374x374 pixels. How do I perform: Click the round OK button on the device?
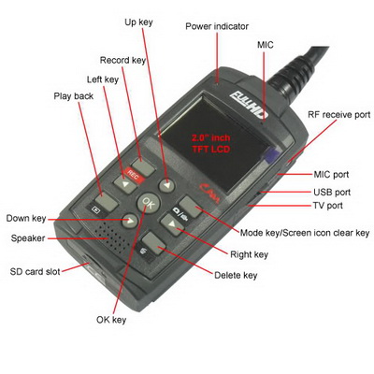pos(149,203)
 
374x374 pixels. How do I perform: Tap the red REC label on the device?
pos(135,175)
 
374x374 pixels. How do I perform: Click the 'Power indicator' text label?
pos(217,26)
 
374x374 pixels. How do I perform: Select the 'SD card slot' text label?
pos(36,271)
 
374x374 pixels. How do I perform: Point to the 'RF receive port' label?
pos(339,115)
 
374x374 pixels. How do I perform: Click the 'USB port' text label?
pos(332,193)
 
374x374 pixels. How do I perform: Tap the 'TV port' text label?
pos(328,206)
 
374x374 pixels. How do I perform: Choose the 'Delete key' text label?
pos(236,276)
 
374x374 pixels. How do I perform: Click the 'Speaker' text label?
pos(28,238)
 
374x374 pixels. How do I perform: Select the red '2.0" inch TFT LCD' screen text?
pos(211,143)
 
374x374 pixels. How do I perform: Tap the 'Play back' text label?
pos(74,96)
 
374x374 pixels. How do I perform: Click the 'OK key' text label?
pos(111,320)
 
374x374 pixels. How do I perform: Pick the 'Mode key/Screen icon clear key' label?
pos(305,233)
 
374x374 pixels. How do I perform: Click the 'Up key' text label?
pos(138,22)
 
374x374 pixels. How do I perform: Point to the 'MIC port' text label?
pos(331,175)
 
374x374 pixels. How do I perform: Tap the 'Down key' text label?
pos(26,219)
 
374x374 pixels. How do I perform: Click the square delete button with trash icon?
pos(154,244)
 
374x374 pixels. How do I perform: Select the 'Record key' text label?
pos(122,60)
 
